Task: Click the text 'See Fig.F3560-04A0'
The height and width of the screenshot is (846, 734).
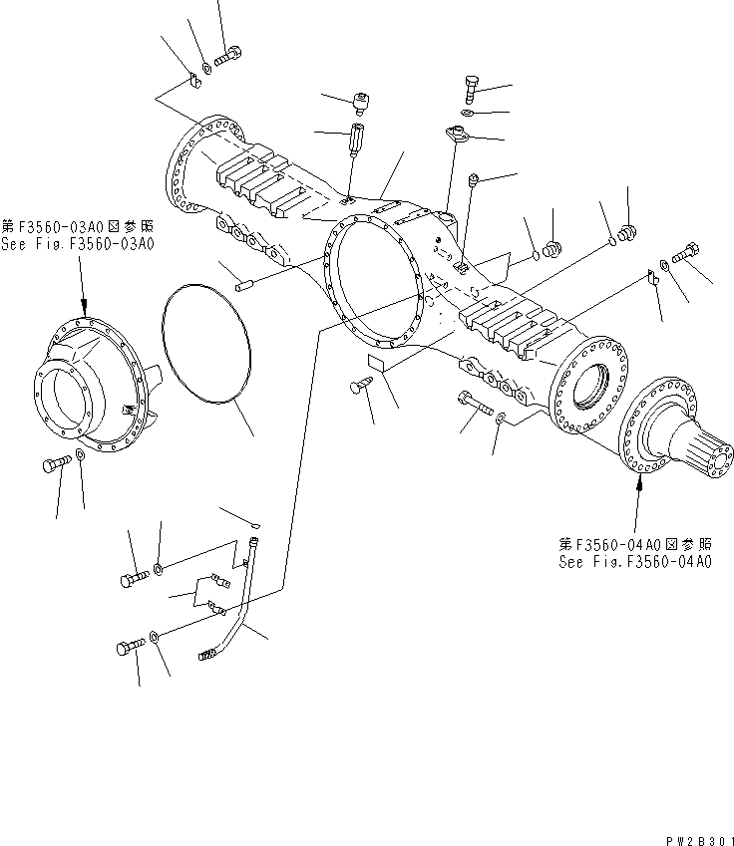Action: pos(635,562)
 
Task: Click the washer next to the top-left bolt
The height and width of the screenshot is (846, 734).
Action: pos(204,67)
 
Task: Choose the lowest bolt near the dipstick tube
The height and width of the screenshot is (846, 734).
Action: pos(131,648)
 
